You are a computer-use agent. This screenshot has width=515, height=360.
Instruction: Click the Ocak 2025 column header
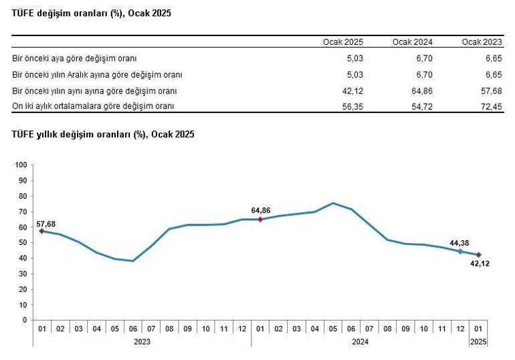click(342, 42)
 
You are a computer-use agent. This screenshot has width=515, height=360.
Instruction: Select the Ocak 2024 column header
click(412, 42)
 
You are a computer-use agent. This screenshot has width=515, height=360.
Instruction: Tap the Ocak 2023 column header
click(482, 42)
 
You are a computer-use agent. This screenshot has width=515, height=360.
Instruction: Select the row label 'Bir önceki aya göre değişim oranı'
click(71, 58)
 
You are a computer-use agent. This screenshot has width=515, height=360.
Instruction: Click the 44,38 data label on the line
click(458, 242)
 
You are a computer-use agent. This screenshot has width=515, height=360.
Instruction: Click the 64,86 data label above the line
click(260, 210)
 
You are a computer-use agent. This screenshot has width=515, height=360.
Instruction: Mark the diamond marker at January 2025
click(478, 254)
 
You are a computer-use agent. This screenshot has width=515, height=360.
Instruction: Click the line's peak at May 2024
click(333, 203)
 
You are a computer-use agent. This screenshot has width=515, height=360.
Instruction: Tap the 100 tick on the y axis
click(20, 165)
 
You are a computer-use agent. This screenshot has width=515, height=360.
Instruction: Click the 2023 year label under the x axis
click(142, 341)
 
